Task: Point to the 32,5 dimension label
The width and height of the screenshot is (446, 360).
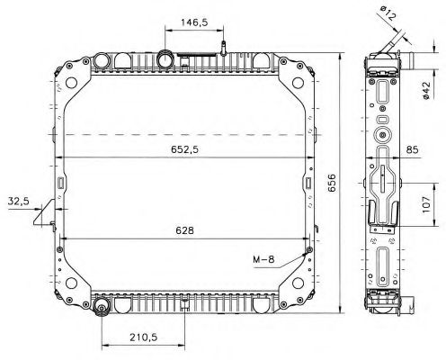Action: [18, 200]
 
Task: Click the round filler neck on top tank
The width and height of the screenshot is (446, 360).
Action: [167, 59]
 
